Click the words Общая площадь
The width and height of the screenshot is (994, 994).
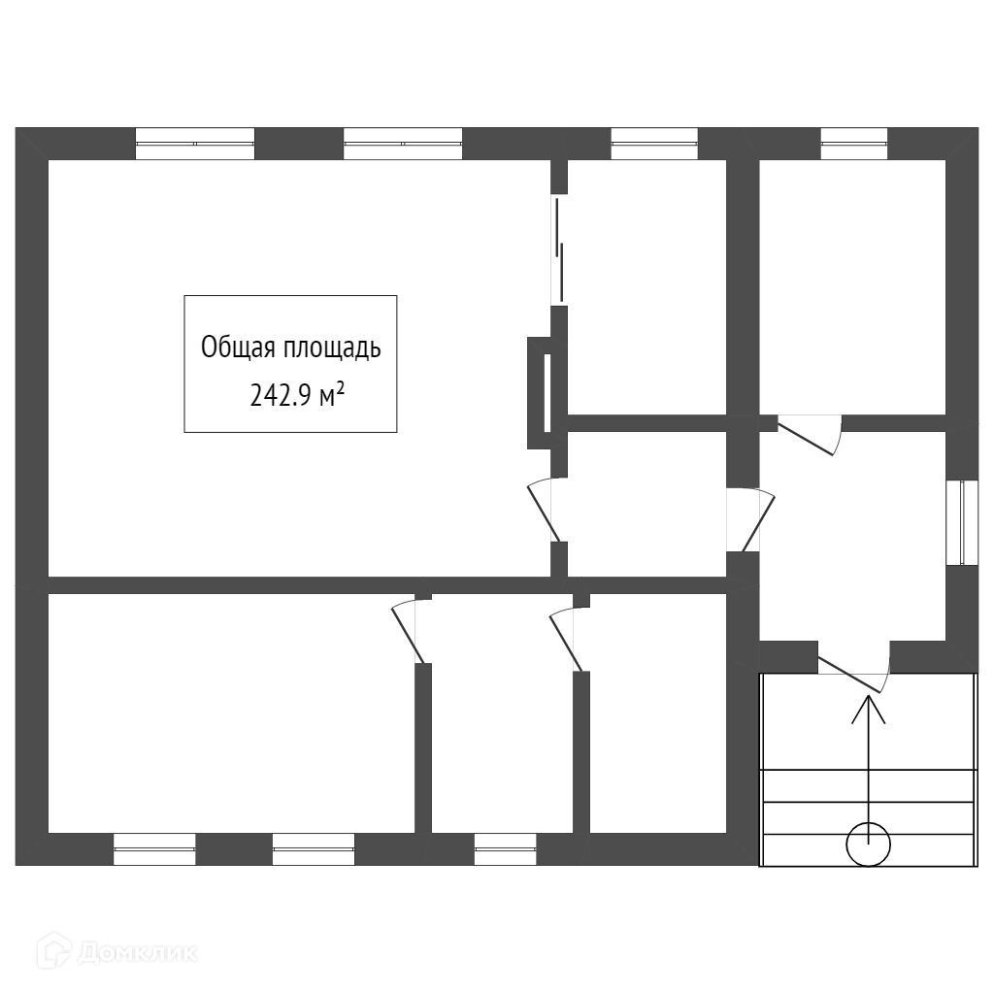pyautogui.click(x=290, y=348)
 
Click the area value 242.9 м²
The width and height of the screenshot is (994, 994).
pyautogui.click(x=296, y=395)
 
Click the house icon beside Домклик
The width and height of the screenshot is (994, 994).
pyautogui.click(x=53, y=951)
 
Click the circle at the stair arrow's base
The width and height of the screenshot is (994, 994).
pyautogui.click(x=868, y=844)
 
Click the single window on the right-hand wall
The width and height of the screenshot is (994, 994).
pyautogui.click(x=961, y=521)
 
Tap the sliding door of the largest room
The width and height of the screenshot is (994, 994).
pyautogui.click(x=558, y=248)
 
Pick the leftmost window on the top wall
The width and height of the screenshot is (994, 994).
pyautogui.click(x=194, y=144)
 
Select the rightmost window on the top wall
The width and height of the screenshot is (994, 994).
pyautogui.click(x=854, y=144)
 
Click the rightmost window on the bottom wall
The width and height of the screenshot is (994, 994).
pyautogui.click(x=505, y=848)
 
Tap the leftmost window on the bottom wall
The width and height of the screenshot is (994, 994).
pyautogui.click(x=154, y=848)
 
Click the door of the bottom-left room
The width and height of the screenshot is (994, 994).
pyautogui.click(x=409, y=631)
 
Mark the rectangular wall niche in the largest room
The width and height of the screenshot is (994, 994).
pyautogui.click(x=540, y=392)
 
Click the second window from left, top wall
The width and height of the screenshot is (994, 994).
pyautogui.click(x=403, y=144)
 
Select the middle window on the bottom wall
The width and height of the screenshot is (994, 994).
pyautogui.click(x=314, y=848)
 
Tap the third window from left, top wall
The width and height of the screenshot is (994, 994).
pyautogui.click(x=654, y=144)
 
